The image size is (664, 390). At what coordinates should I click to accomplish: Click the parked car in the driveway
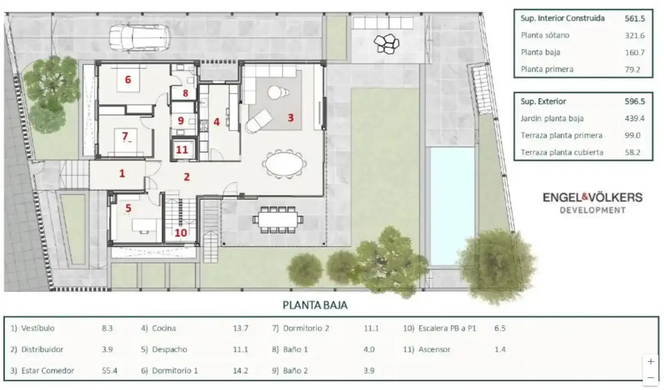coord(140,38)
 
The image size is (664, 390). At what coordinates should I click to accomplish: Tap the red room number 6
coord(128,79)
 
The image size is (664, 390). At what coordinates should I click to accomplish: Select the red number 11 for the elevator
coord(182,150)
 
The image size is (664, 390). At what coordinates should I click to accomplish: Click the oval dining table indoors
coord(284,164)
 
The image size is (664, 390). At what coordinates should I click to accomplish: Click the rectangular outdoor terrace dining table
coord(278,219)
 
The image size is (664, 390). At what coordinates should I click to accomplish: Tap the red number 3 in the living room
coord(291,118)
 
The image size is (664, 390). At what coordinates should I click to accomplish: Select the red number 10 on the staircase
coord(181,233)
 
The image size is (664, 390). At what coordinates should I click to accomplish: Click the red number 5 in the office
coord(128,208)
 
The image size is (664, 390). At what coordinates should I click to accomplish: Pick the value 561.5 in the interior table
coord(635,18)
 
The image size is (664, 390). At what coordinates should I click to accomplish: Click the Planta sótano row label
coord(545,35)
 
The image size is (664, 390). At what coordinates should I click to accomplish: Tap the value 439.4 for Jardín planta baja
coord(634,119)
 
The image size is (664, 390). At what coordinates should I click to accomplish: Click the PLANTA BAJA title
coord(315,305)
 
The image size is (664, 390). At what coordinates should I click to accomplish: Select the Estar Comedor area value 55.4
coord(109,370)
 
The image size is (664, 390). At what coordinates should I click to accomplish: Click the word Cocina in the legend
coord(164,328)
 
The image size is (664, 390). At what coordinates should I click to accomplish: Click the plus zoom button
coord(651,362)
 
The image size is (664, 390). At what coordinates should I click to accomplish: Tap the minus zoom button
coord(651,378)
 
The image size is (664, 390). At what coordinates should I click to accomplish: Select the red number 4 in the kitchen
coord(216,122)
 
